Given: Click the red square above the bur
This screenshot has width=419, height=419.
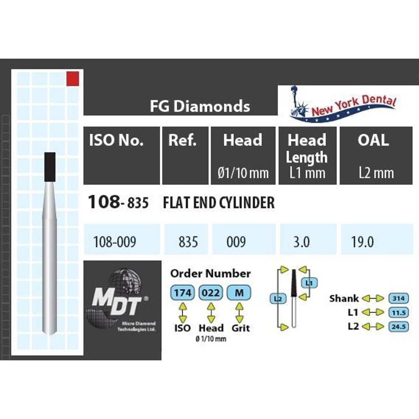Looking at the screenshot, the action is tap(72, 79).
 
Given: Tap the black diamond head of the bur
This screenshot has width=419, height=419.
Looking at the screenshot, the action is tap(50, 167).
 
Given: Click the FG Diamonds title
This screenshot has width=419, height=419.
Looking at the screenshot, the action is tap(200, 106).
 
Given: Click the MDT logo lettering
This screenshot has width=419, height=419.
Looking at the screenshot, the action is tap(117, 301).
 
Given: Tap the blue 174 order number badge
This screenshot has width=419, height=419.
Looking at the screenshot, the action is tap(183, 292).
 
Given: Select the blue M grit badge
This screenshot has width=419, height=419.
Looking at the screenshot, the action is tap(239, 292).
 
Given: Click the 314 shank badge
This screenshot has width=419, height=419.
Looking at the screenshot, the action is tap(399, 298).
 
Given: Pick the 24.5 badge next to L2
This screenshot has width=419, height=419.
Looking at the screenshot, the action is tap(399, 326).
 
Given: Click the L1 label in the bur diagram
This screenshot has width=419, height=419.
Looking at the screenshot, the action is tap(309, 283).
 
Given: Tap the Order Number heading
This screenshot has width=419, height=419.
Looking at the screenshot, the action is tap(211, 273).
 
